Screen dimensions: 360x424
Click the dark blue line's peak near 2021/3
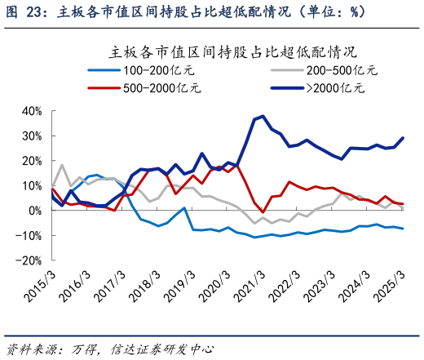pyautogui.click(x=263, y=116)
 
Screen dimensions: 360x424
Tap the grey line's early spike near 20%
pyautogui.click(x=62, y=165)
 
